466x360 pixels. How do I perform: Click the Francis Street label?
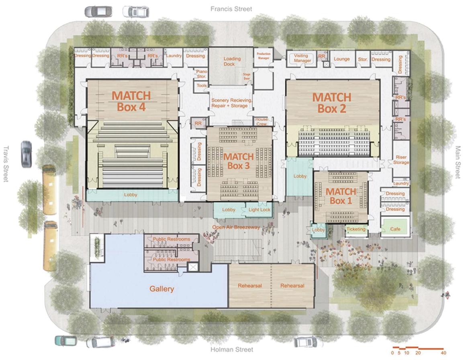pos(232,9)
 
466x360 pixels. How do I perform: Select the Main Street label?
pos(458,163)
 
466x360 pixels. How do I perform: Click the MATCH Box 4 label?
pos(131,101)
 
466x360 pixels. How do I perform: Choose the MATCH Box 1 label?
pos(341,196)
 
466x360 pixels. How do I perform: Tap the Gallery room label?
pos(162,289)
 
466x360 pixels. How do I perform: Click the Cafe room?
pos(395,229)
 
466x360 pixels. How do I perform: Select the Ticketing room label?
pos(356,229)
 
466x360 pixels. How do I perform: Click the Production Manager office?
pos(264,56)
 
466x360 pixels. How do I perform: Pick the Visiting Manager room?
pos(302,58)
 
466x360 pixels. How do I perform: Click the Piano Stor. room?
pos(201,74)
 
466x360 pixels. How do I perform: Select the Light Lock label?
pos(259,210)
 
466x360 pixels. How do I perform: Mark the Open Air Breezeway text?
pos(236,227)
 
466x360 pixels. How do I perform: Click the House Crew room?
pos(261,121)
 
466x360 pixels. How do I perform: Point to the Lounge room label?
pos(341,59)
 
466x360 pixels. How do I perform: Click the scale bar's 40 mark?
pos(443,352)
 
